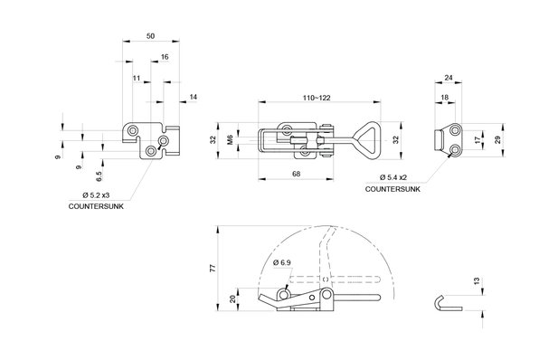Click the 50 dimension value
click(x=149, y=35)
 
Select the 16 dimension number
click(x=165, y=57)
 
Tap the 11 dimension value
click(x=137, y=79)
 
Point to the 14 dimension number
click(x=193, y=96)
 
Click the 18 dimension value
click(x=444, y=96)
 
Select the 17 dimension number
click(x=478, y=140)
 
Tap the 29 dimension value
click(x=498, y=139)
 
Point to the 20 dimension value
click(x=234, y=298)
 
